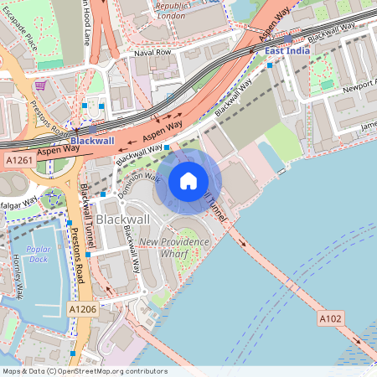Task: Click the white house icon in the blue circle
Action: [x=188, y=181]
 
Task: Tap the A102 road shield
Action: [x=330, y=318]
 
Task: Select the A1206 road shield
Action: [x=81, y=309]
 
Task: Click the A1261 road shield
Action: [x=18, y=158]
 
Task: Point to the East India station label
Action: [x=287, y=51]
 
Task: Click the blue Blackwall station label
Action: [x=91, y=141]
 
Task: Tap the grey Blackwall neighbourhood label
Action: [x=123, y=219]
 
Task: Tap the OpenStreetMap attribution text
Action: [x=85, y=371]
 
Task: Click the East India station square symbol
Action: [x=288, y=39]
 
